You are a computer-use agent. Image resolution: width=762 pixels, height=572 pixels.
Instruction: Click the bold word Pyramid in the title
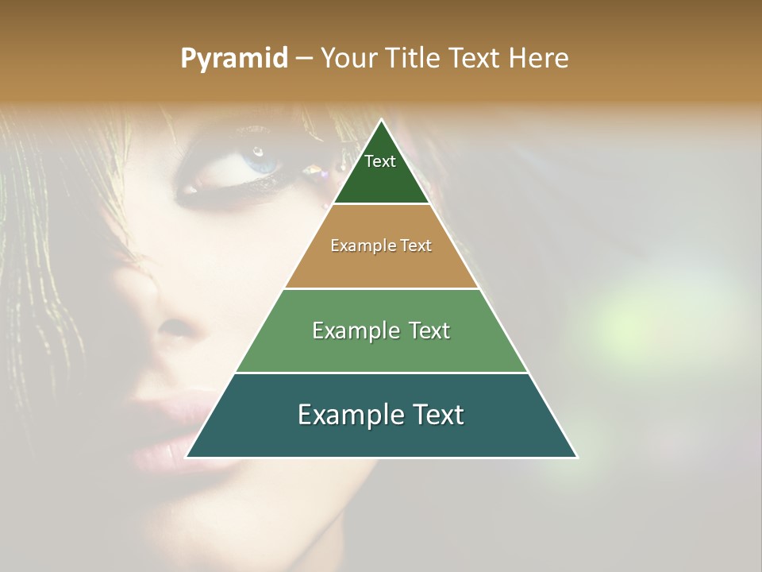(x=233, y=59)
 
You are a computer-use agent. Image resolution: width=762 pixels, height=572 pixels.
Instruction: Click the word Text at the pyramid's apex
(x=380, y=161)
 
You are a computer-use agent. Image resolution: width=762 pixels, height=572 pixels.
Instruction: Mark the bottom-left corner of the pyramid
(x=186, y=458)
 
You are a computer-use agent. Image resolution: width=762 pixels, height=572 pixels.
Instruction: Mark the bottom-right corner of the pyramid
(x=577, y=458)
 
